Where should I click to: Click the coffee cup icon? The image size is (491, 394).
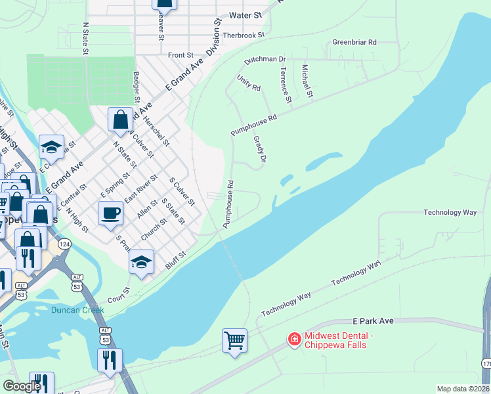coord(110,213)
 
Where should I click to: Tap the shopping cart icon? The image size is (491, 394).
coord(234,341)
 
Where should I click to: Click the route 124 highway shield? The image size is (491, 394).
coord(64,244)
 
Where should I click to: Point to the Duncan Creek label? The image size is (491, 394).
coord(78,310)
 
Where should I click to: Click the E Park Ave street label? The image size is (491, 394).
coord(373,320)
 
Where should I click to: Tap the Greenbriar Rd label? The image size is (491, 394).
coord(354,42)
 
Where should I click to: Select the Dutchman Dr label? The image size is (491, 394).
coord(265,59)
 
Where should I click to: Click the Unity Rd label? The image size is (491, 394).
coord(249,83)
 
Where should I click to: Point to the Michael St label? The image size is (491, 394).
coord(306,81)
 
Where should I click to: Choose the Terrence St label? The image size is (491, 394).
coord(285,85)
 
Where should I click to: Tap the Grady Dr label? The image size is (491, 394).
coord(259,150)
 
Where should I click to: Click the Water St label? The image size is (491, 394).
coord(245,14)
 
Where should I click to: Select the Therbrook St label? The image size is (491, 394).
coord(243,35)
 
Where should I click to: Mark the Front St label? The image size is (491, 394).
coord(181,56)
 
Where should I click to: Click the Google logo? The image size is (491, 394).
coord(22,386)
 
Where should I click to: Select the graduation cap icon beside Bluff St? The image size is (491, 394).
coord(141,262)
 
